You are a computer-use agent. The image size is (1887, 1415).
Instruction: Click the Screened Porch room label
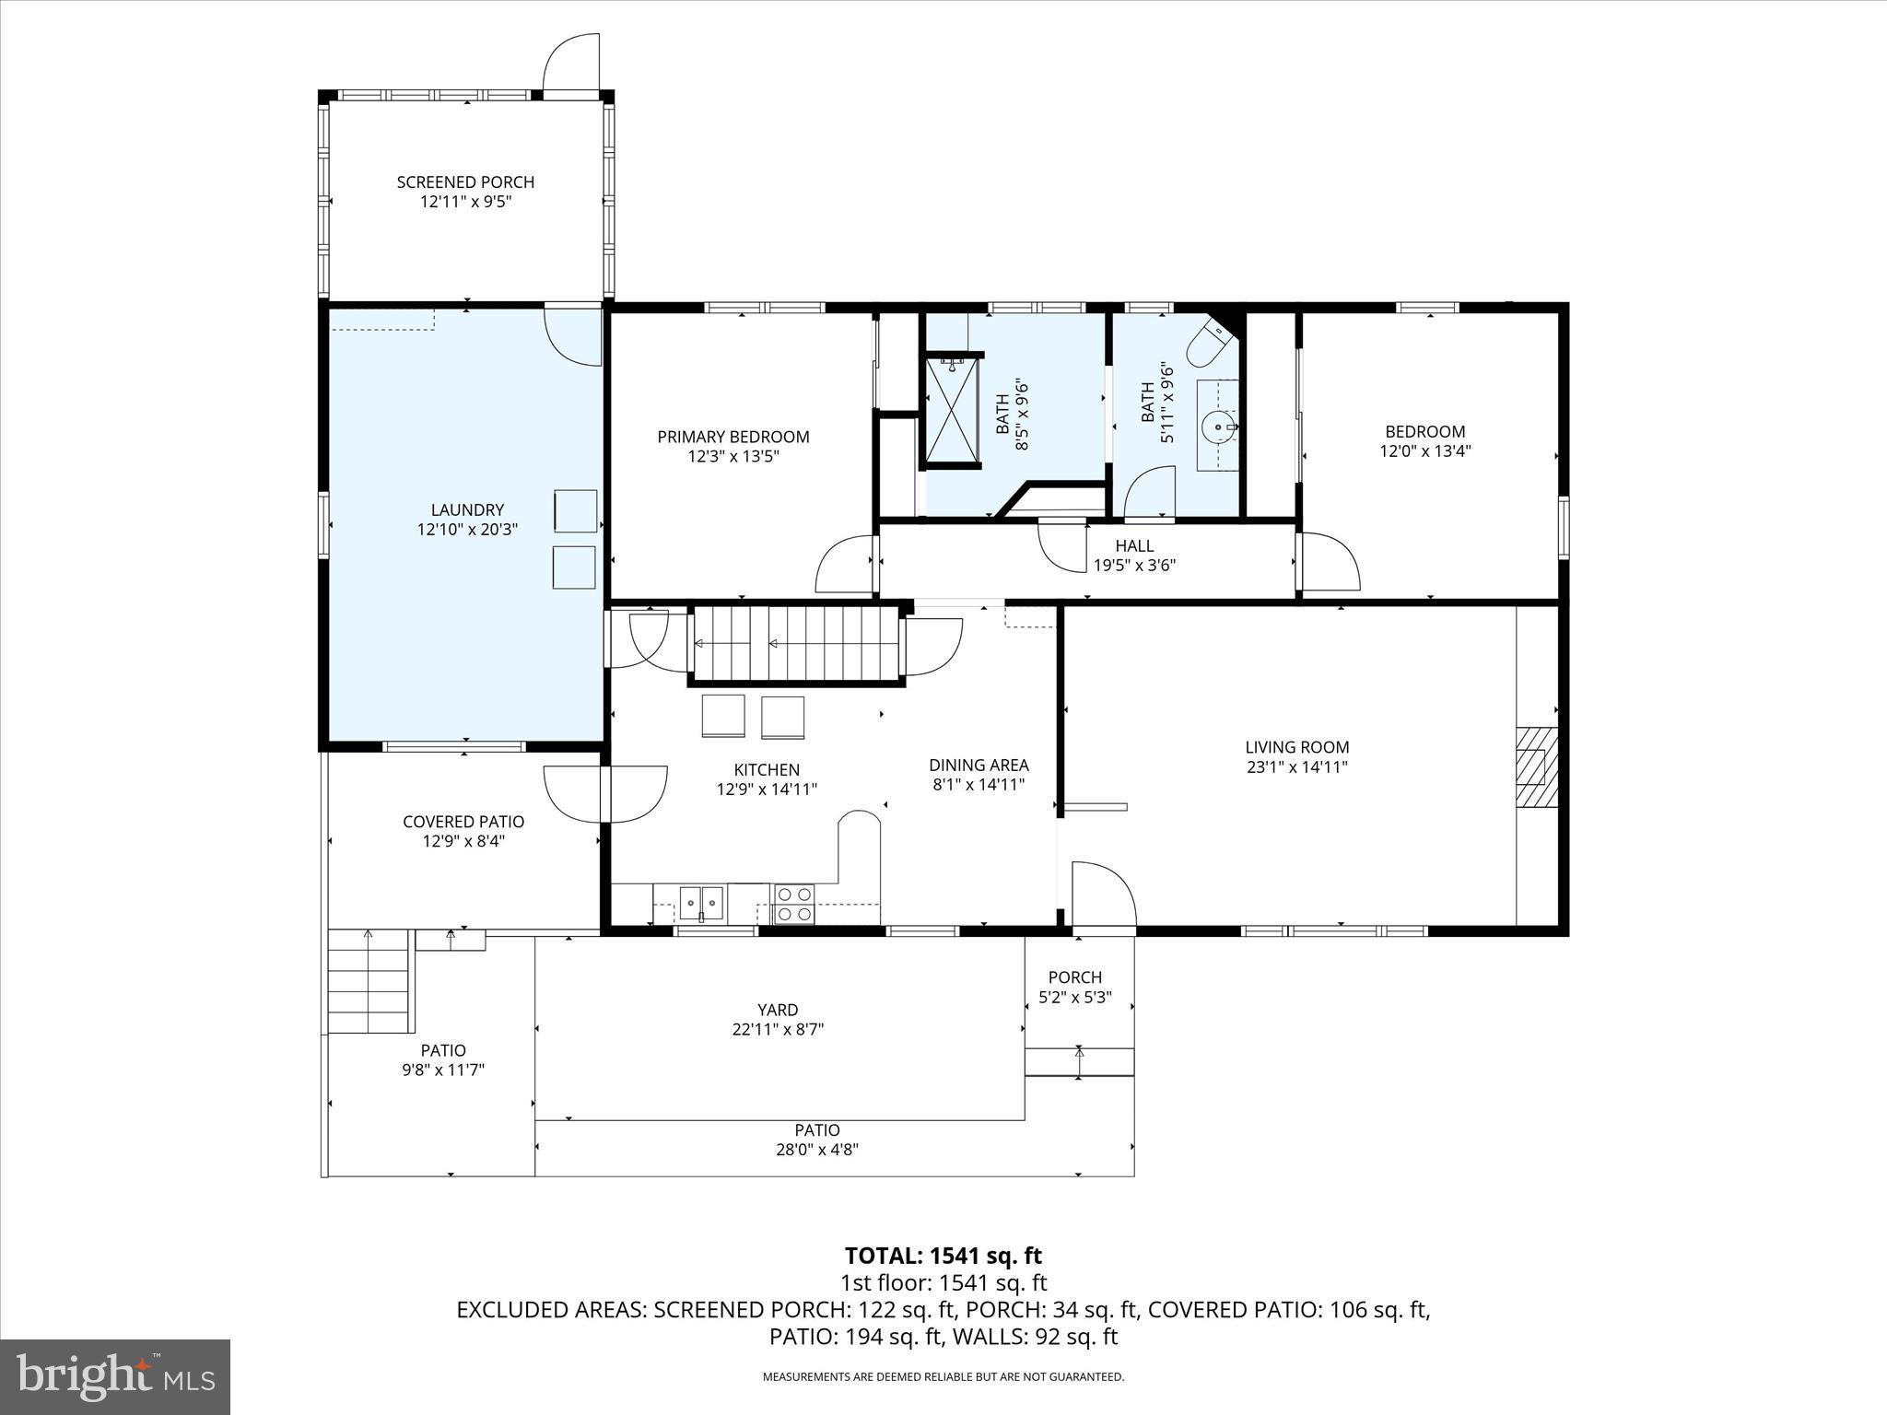coord(465,182)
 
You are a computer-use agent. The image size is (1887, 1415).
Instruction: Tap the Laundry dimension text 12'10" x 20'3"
coord(467,530)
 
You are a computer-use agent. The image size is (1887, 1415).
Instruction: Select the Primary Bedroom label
coord(733,437)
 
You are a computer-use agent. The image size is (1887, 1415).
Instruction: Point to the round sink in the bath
coord(1218,427)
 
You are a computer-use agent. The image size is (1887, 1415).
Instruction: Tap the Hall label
coord(1134,545)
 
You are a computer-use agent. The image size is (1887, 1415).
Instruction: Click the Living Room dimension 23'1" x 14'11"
coord(1296,766)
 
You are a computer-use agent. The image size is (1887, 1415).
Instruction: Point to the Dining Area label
coord(979,765)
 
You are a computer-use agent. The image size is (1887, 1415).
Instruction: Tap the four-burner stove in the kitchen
coord(793,903)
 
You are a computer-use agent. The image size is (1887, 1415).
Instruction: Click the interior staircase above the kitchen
coord(794,643)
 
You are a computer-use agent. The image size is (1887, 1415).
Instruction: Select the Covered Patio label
coord(463,822)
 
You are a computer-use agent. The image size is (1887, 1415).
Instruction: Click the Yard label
coord(778,1010)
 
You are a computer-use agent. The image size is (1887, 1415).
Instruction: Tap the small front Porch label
coord(1074,976)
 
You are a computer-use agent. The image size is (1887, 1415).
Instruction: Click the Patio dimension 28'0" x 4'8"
coord(816,1150)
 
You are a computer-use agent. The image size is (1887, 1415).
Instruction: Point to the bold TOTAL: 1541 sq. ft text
coord(943,1256)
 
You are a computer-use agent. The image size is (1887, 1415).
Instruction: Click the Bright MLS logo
coord(115,1377)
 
